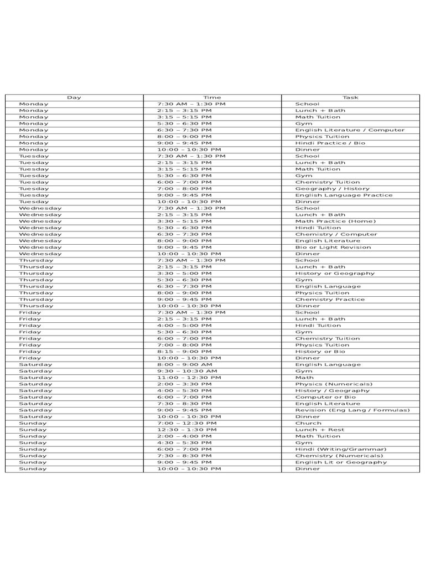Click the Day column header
74,97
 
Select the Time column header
212,97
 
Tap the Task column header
350,97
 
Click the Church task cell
308,423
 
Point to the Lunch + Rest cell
319,430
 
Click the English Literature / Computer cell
350,130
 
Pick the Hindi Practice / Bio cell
330,143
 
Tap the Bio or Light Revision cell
333,248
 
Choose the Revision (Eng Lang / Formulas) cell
353,410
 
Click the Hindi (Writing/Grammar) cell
341,449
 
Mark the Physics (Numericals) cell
334,384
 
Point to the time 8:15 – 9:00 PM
184,352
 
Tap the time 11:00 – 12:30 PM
189,378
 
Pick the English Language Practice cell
344,195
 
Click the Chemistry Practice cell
330,300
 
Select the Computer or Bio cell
325,397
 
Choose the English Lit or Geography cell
341,462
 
